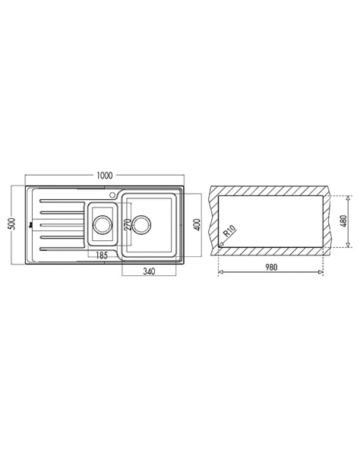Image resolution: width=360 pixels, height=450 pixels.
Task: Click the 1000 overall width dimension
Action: click(105, 176)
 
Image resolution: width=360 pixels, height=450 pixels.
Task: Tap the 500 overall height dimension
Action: click(12, 223)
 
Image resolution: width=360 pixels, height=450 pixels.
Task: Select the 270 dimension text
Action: click(128, 225)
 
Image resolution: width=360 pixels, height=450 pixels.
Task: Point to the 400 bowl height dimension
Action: click(197, 225)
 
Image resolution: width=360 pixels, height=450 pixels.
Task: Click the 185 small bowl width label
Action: click(102, 255)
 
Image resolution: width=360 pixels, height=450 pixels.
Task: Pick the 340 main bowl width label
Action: click(149, 271)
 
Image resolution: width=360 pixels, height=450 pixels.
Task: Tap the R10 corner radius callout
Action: click(230, 230)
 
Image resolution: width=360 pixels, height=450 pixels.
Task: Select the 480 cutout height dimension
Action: click(343, 221)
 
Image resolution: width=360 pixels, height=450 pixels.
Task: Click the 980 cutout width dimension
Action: click(271, 268)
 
